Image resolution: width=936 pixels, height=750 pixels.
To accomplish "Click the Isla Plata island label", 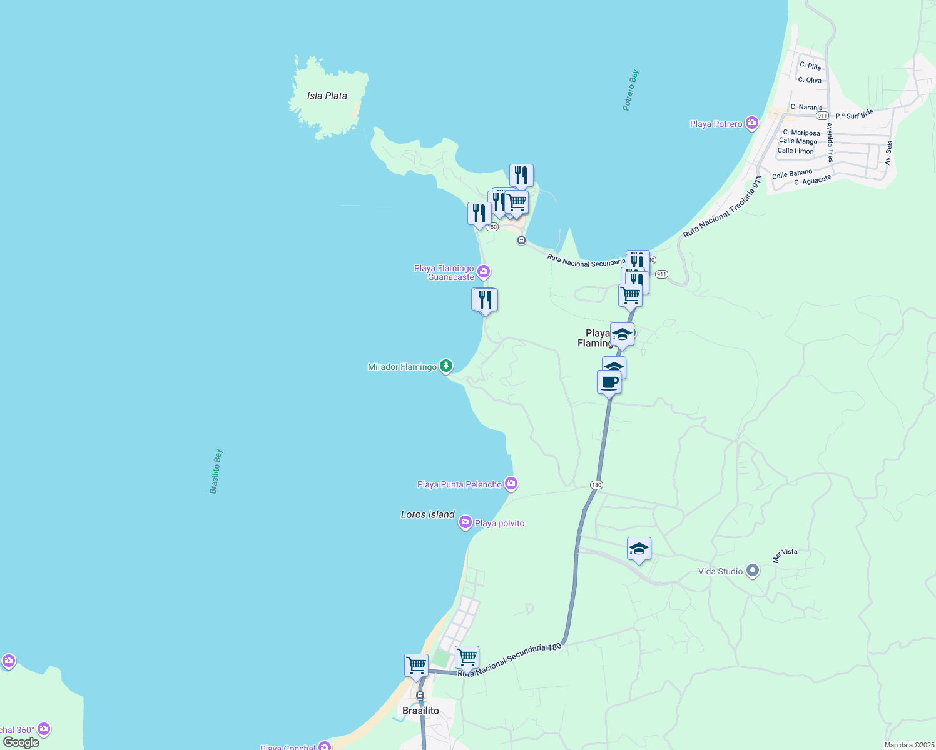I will pyautogui.click(x=327, y=96).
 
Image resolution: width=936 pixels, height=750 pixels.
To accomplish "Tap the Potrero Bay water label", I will pyautogui.click(x=631, y=90).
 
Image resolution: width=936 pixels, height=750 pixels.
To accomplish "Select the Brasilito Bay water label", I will pyautogui.click(x=216, y=472).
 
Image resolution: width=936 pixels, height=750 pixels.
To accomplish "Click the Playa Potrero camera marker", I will pyautogui.click(x=751, y=123).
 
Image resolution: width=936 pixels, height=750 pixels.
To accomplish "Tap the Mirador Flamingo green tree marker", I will pyautogui.click(x=445, y=366).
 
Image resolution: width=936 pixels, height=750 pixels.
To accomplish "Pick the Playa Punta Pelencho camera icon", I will pyautogui.click(x=511, y=484).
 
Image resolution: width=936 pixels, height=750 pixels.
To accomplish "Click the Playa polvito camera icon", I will pyautogui.click(x=465, y=522).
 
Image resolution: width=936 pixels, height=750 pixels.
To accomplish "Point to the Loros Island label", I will pyautogui.click(x=427, y=514).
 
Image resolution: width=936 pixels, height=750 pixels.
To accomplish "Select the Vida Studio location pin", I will pyautogui.click(x=753, y=571).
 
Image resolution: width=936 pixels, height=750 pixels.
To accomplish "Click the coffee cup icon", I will pyautogui.click(x=609, y=382).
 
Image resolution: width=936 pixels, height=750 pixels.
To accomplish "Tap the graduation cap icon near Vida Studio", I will pyautogui.click(x=638, y=549).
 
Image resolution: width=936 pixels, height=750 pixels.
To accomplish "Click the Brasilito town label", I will pyautogui.click(x=420, y=711).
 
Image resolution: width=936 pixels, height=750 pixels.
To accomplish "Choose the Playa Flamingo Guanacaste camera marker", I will pyautogui.click(x=483, y=272).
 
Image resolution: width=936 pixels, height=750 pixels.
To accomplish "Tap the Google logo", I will pyautogui.click(x=21, y=742).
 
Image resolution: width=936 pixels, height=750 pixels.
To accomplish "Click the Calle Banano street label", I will pyautogui.click(x=791, y=174).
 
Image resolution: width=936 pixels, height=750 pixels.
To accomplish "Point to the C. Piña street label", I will pyautogui.click(x=810, y=66).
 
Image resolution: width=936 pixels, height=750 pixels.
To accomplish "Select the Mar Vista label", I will pyautogui.click(x=785, y=556).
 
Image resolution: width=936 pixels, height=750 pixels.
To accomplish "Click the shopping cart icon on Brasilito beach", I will pyautogui.click(x=416, y=665).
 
